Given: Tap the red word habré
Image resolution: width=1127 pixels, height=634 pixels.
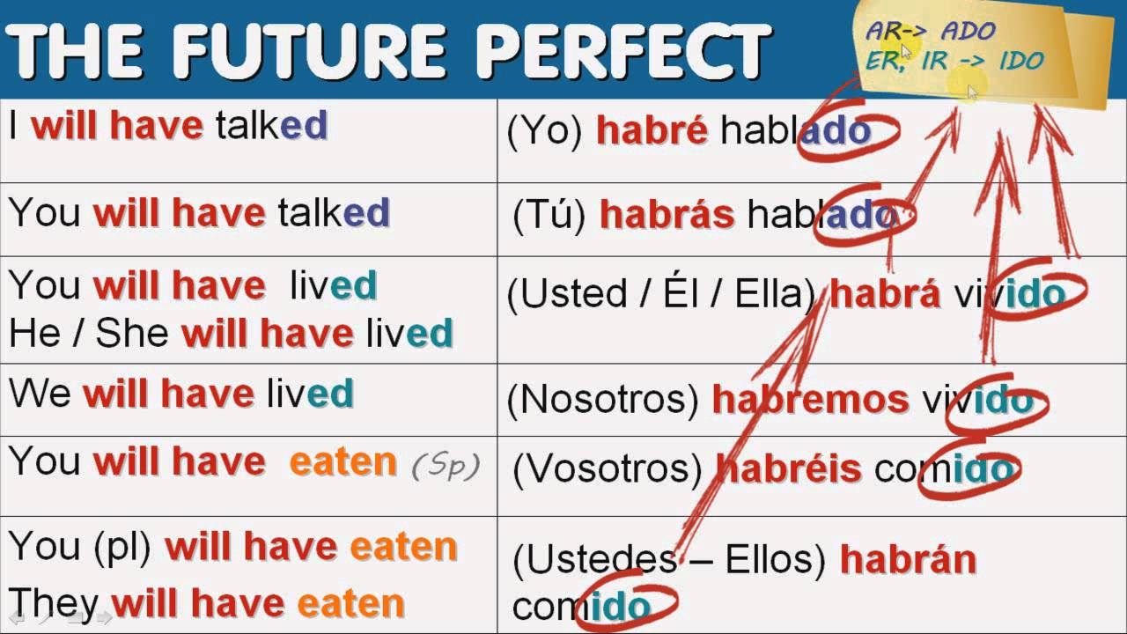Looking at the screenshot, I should click(652, 130).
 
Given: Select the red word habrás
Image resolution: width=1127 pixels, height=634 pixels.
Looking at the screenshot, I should click(667, 214).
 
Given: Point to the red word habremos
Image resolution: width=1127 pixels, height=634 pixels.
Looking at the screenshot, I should click(810, 399).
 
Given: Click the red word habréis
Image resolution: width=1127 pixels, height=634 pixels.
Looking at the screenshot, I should click(789, 468).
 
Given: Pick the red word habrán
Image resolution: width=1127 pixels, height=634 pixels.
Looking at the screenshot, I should click(908, 559).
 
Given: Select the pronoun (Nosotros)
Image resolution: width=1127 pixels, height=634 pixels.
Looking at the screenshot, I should click(602, 399).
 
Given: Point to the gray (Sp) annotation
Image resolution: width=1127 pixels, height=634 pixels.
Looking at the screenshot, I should click(446, 464).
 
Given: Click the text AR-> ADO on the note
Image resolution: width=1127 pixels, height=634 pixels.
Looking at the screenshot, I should click(930, 31).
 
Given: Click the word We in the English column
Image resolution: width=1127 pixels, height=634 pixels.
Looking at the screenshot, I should click(40, 393).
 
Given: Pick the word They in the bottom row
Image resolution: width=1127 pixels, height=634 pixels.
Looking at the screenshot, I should click(54, 603).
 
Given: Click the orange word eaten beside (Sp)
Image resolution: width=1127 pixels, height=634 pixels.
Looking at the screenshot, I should click(343, 461).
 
